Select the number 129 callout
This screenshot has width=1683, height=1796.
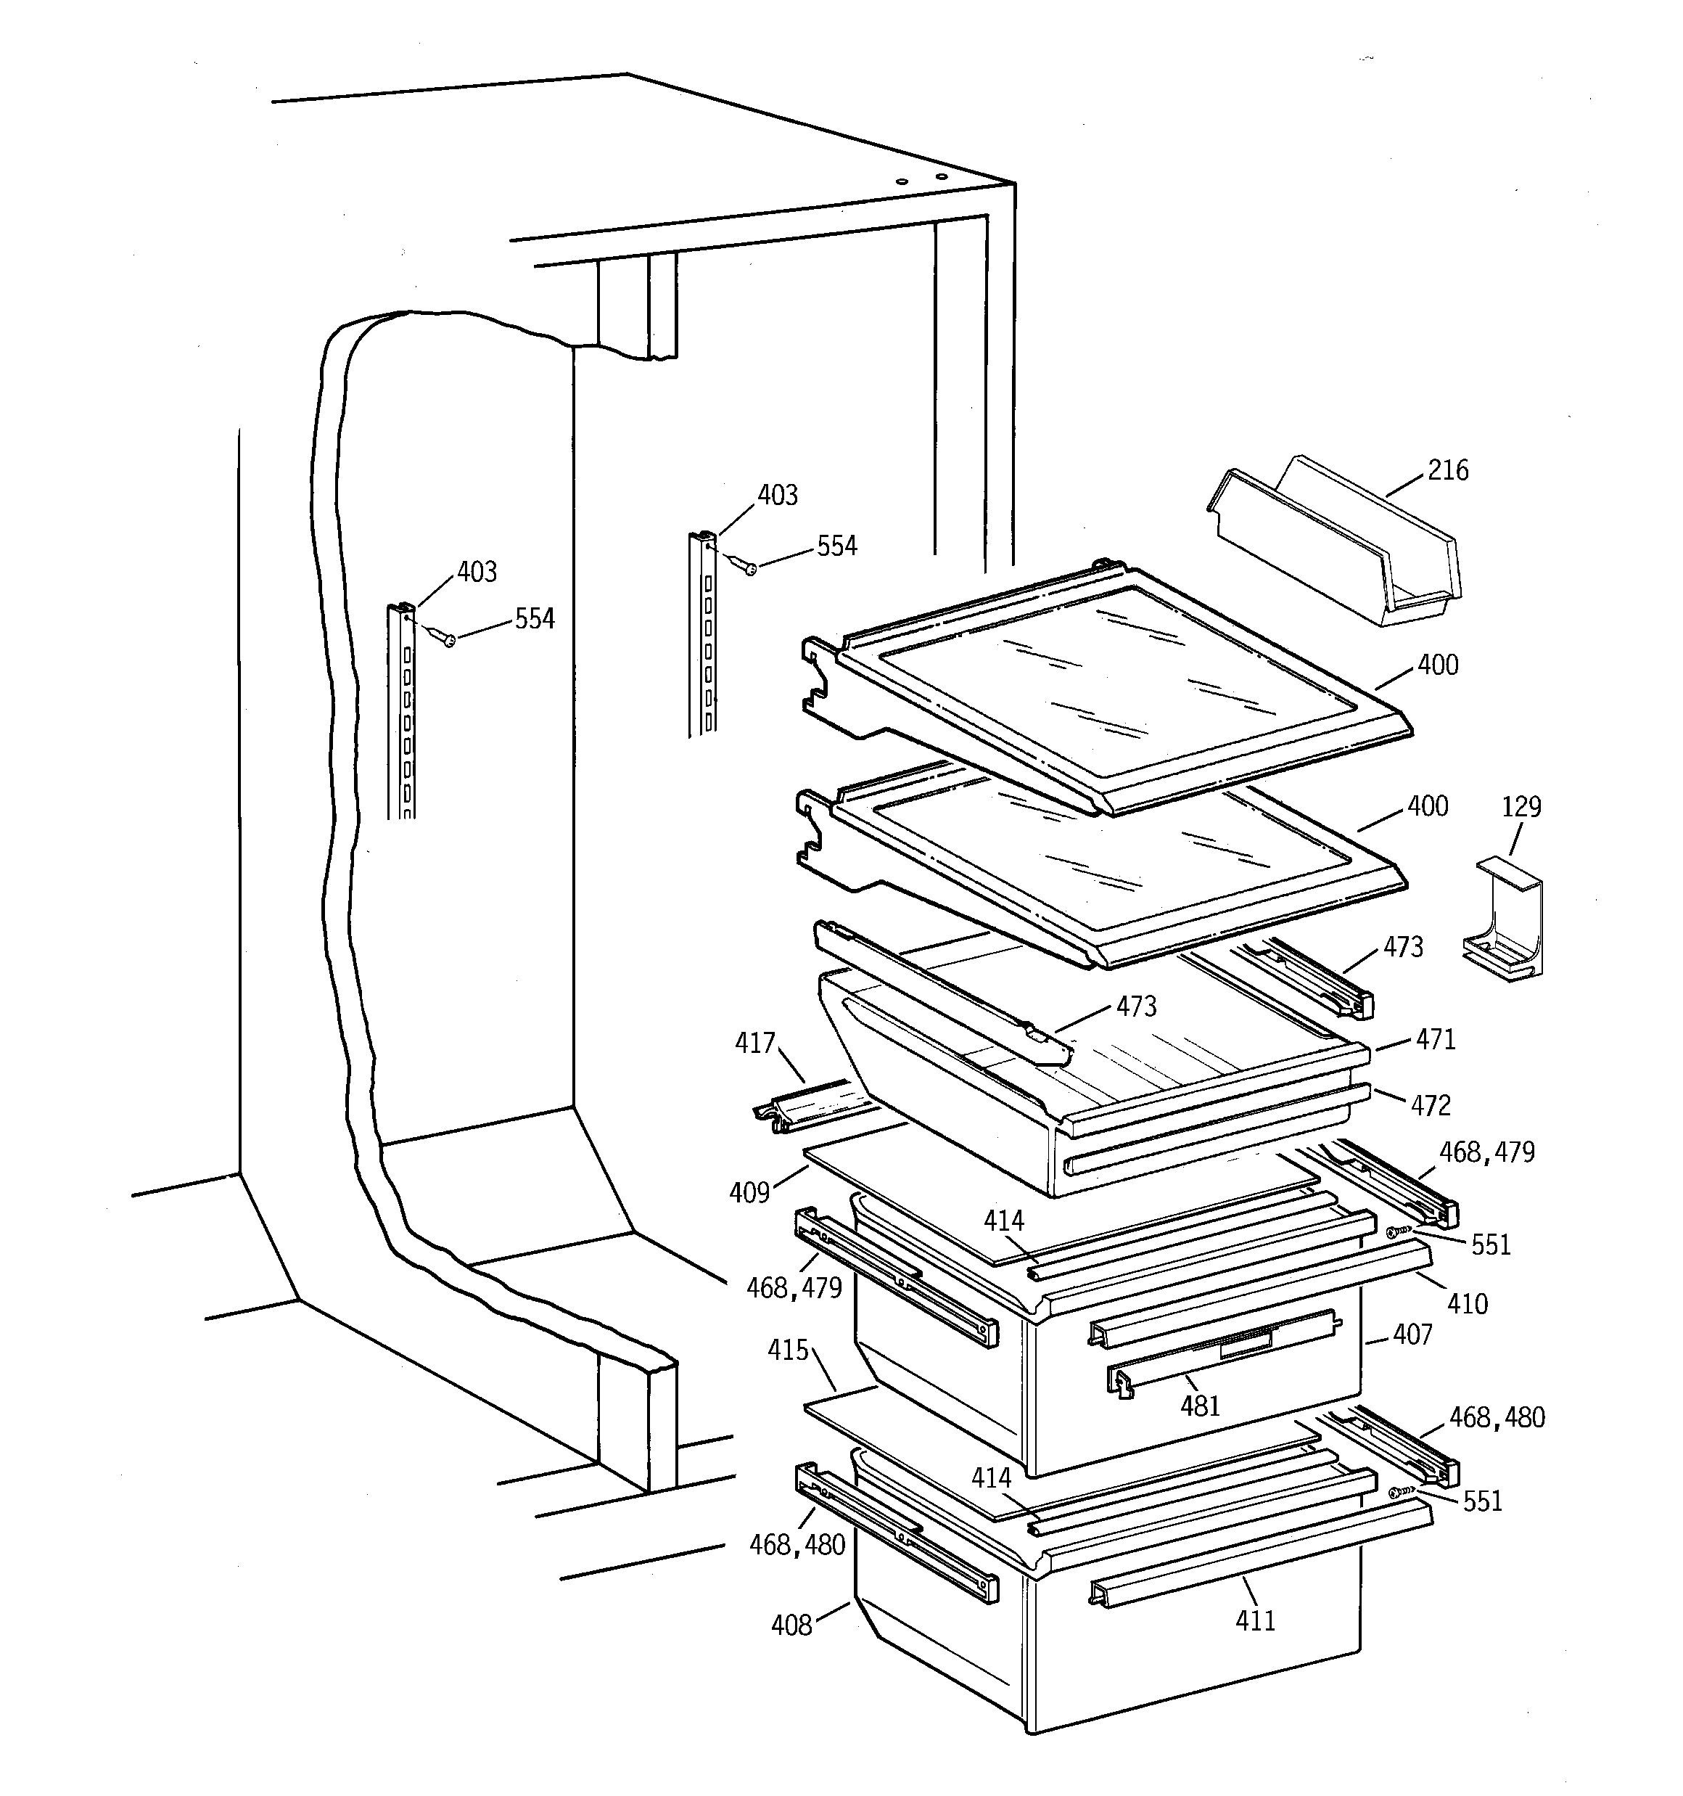(1521, 808)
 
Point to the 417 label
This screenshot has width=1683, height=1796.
(754, 1043)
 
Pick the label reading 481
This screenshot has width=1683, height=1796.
(1200, 1406)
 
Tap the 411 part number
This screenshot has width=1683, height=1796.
(1255, 1620)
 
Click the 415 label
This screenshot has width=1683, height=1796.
(788, 1350)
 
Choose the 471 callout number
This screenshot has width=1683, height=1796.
(1436, 1040)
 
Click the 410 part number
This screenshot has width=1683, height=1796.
(1467, 1303)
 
